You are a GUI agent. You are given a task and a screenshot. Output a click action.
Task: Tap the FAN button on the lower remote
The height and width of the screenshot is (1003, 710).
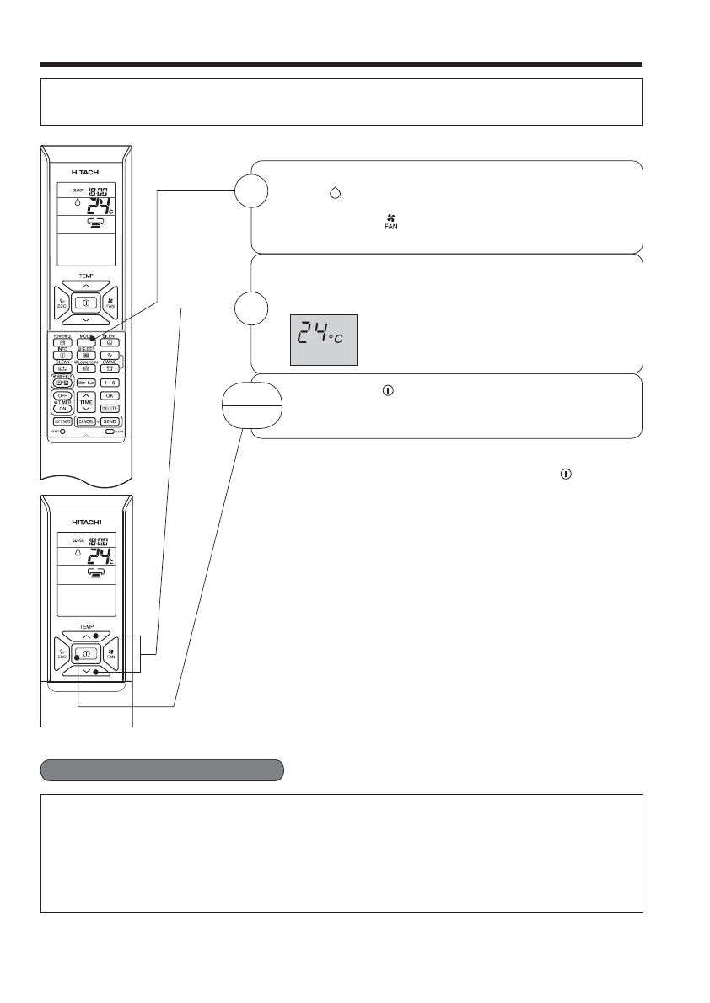[110, 653]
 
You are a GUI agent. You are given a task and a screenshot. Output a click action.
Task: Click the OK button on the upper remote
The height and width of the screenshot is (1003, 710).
[110, 394]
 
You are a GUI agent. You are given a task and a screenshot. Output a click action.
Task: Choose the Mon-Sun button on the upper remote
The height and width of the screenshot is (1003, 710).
[84, 382]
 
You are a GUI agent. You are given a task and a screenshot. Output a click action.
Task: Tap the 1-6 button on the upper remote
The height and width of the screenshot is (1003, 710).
[110, 382]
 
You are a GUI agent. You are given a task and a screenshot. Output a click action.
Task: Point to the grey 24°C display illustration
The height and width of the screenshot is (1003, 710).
[324, 341]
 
